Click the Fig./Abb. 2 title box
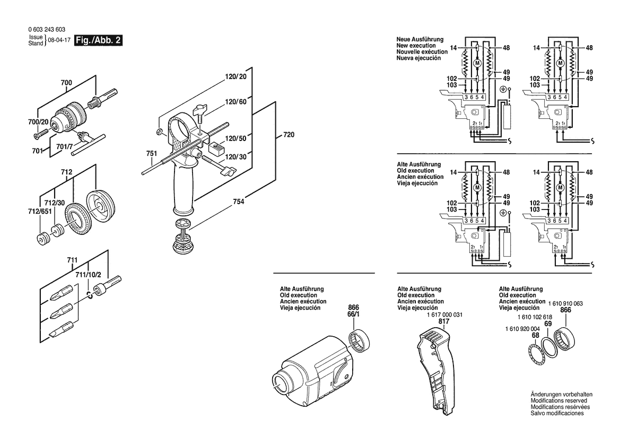[x=99, y=40]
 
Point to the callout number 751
[x=152, y=154]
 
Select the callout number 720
[x=288, y=135]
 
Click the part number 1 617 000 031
[x=444, y=315]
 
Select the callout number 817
[x=444, y=321]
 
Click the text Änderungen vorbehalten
[x=561, y=395]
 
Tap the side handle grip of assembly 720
[x=182, y=188]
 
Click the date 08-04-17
[x=59, y=40]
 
